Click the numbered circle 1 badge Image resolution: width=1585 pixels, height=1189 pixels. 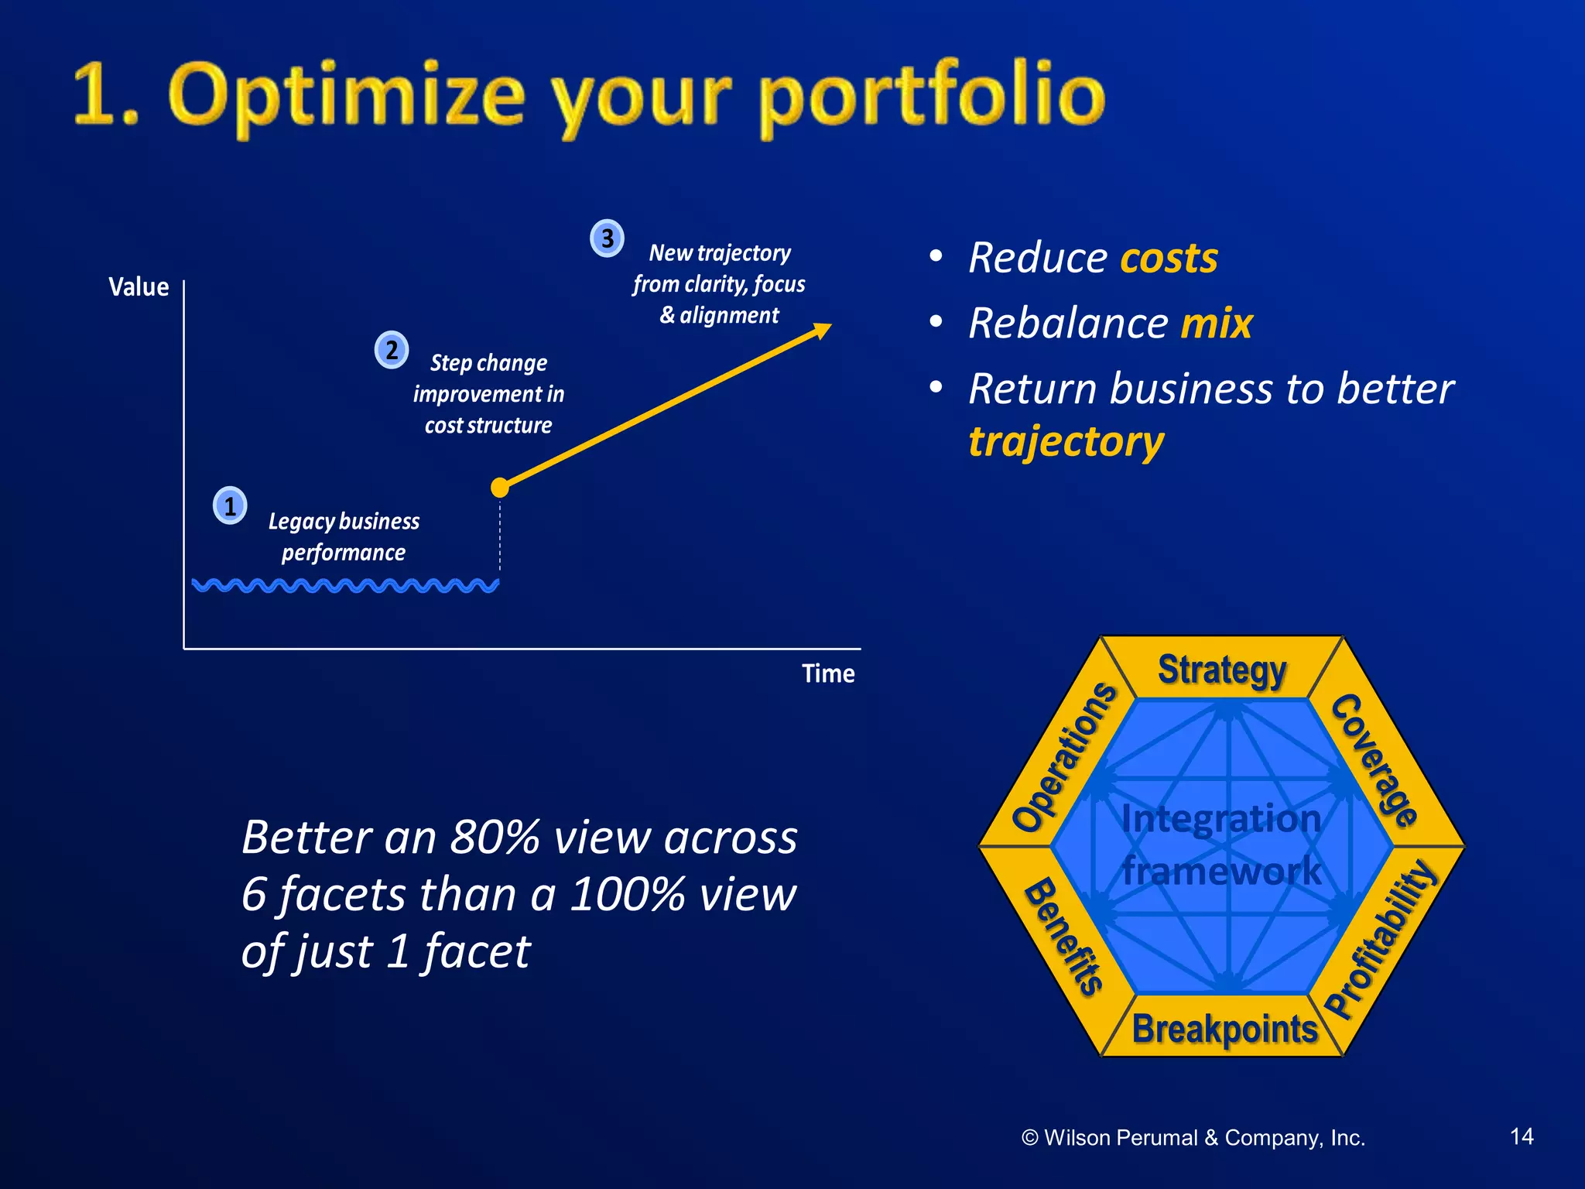[x=230, y=506]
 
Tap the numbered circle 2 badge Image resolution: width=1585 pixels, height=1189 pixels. [x=392, y=350]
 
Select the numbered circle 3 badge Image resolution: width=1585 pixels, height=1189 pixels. [x=608, y=238]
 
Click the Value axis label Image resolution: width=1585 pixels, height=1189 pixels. [x=139, y=287]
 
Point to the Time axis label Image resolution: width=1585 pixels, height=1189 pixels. [x=828, y=673]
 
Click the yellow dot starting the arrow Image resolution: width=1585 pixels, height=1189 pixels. [x=500, y=488]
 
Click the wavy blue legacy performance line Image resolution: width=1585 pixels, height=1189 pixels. [x=345, y=585]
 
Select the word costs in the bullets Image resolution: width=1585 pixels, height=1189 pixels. [x=1169, y=258]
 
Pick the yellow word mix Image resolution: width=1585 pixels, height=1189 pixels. [x=1216, y=323]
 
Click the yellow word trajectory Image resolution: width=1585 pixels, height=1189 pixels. [x=1066, y=442]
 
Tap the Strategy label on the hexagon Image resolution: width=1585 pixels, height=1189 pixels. [x=1222, y=670]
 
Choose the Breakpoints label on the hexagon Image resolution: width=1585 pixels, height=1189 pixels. [x=1224, y=1030]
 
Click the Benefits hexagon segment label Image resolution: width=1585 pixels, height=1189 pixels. [x=1063, y=935]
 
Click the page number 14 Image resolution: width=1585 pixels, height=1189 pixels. [x=1522, y=1136]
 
